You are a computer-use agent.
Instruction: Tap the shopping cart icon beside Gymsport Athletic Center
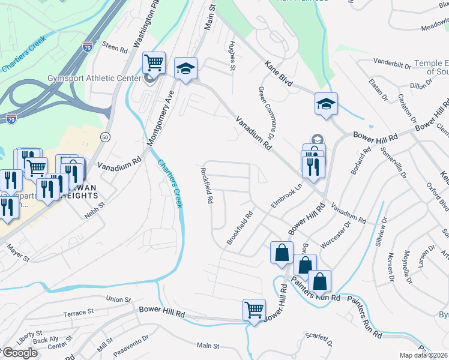(x=154, y=62)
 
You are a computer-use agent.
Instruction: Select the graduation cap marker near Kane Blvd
(x=326, y=104)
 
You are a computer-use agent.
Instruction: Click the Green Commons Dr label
(x=267, y=109)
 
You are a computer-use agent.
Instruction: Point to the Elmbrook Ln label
(x=285, y=196)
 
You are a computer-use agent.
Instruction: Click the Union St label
(x=118, y=299)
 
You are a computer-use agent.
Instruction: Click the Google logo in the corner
(x=20, y=353)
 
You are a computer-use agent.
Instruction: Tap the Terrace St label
(x=79, y=313)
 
